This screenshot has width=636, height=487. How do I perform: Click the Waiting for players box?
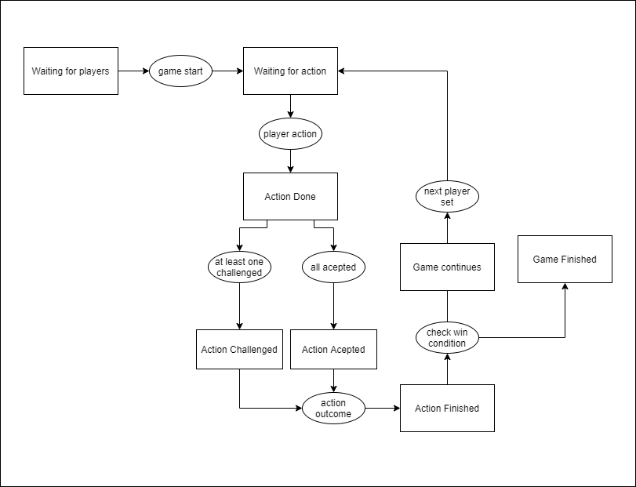(71, 71)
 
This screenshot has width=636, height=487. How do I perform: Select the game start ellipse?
(180, 71)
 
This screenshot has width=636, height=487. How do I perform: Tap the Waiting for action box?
(290, 71)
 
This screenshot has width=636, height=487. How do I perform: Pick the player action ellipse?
(290, 134)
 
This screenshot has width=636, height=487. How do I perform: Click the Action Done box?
(290, 196)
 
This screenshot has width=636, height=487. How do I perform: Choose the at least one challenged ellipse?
(239, 267)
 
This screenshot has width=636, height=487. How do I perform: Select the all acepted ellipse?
(333, 267)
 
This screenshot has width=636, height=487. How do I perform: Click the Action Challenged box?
(239, 350)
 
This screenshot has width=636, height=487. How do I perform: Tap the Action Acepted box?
(333, 350)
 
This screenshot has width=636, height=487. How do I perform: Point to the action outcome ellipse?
(333, 409)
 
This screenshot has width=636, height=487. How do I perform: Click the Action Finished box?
(447, 409)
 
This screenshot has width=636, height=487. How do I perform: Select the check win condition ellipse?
(447, 338)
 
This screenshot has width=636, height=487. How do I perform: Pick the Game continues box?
(447, 267)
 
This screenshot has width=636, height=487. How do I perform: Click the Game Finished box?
(565, 260)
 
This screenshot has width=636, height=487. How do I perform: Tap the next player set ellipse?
(447, 197)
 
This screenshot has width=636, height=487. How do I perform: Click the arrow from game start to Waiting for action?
(227, 71)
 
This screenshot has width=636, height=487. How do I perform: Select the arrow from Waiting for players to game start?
(133, 71)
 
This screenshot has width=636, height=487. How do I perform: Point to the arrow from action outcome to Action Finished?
(382, 409)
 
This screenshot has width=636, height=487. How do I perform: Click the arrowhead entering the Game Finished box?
(565, 288)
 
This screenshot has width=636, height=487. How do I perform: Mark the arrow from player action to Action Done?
(290, 160)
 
